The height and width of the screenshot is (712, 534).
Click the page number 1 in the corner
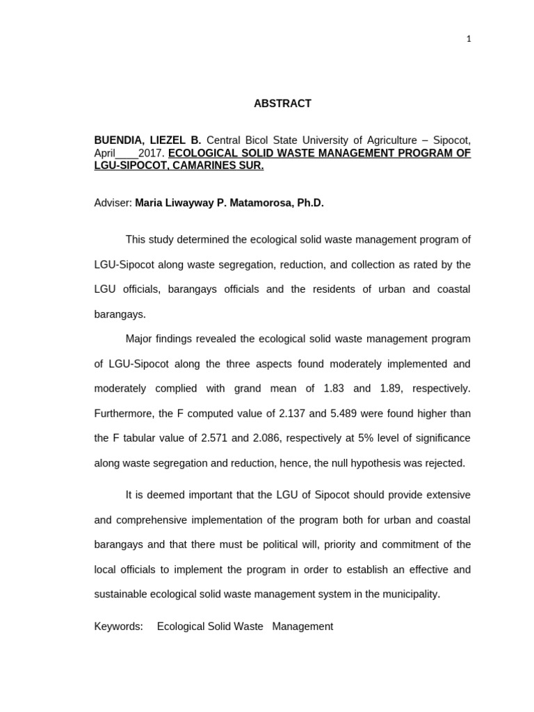point(469,39)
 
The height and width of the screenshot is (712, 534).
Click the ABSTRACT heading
point(282,104)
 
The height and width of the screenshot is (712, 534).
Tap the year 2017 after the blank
point(151,153)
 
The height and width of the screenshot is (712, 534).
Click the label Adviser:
point(113,203)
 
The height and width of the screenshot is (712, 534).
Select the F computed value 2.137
point(291,414)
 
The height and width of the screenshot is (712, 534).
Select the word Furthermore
point(123,414)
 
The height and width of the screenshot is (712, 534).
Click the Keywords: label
point(118,626)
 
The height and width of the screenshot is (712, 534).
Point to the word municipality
point(412,594)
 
